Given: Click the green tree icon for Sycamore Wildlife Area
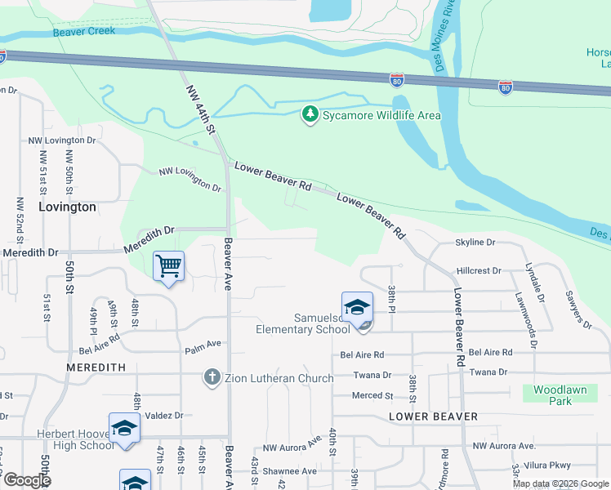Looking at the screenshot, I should [310, 114].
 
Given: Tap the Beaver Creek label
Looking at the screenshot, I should [84, 31].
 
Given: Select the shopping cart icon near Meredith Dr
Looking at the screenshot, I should [168, 265].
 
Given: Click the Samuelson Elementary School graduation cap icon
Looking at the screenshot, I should [357, 308].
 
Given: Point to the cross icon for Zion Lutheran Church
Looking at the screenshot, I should [212, 377].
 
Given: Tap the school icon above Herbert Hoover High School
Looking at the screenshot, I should [124, 429].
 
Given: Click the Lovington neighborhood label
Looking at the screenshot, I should [66, 207].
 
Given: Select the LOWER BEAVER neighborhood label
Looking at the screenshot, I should [433, 416].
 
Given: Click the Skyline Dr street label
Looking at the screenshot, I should [475, 243].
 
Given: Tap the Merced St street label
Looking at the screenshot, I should [372, 395].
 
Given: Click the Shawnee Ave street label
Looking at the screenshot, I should [288, 471].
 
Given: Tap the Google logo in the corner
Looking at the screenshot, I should [26, 479].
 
